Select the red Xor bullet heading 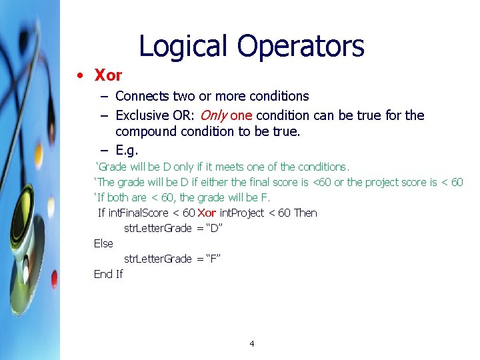coord(109,75)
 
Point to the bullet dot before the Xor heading coord(80,75)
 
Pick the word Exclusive coord(143,115)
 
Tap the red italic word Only coord(213,115)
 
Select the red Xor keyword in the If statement coord(207,213)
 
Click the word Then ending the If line coord(305,213)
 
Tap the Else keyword coord(103,243)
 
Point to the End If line coord(108,274)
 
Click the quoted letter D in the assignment coord(214,228)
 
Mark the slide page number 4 coord(252,343)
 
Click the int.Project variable coord(242,213)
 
